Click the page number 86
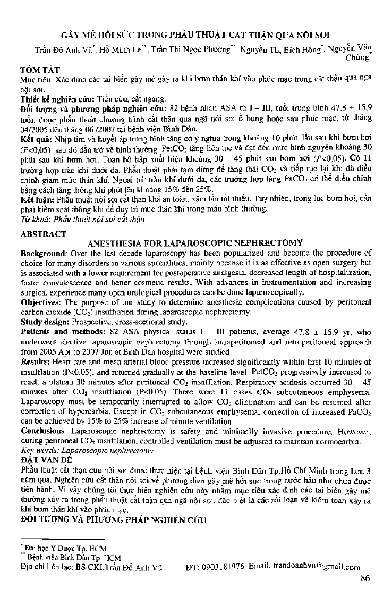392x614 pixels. point(364,579)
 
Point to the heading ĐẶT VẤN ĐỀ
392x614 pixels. point(41,470)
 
